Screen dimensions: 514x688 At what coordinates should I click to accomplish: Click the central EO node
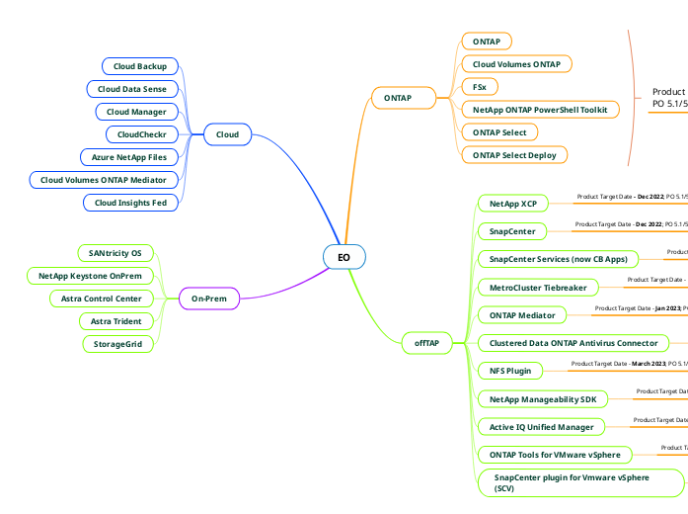point(344,257)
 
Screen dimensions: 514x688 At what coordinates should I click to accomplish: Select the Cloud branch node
point(227,134)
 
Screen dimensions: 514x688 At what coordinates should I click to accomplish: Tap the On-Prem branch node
point(208,298)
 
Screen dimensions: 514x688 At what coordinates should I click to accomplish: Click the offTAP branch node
point(426,343)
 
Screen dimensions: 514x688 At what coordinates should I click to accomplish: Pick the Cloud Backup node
point(140,66)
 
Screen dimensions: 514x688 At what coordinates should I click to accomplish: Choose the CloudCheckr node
point(141,134)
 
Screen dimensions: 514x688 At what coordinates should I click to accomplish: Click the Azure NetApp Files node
point(128,157)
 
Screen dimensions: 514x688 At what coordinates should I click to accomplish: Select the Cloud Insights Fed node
point(130,203)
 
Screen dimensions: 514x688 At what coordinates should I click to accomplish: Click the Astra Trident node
point(115,321)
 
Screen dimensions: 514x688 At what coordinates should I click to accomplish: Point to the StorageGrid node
point(117,344)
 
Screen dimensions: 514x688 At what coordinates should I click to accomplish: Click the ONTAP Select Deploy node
point(514,155)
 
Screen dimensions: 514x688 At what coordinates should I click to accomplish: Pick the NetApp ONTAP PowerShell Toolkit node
point(540,110)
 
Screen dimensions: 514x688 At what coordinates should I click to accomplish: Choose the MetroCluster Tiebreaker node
point(538,288)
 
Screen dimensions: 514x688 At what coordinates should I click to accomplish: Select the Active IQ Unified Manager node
point(541,427)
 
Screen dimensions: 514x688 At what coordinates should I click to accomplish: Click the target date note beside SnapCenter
point(631,225)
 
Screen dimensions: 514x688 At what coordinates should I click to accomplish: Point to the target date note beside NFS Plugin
point(629,365)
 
